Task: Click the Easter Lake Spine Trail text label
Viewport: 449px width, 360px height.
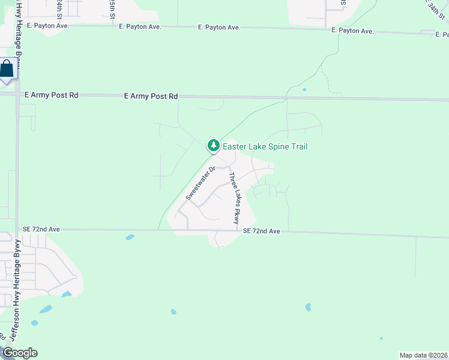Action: [x=265, y=146]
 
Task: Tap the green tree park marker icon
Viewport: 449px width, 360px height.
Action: [x=213, y=145]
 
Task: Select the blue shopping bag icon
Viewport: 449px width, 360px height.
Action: [x=7, y=70]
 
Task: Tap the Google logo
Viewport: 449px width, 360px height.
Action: [x=20, y=353]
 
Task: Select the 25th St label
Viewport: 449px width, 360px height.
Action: [x=113, y=8]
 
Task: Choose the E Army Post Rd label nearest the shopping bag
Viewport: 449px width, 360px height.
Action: [x=52, y=95]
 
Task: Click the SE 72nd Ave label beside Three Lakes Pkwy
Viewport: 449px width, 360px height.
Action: [x=262, y=231]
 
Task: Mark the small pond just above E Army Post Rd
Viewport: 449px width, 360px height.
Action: [x=304, y=90]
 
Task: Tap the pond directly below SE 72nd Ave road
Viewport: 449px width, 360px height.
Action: [x=130, y=237]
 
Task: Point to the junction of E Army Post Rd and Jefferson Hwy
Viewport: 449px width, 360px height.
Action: [x=18, y=95]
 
